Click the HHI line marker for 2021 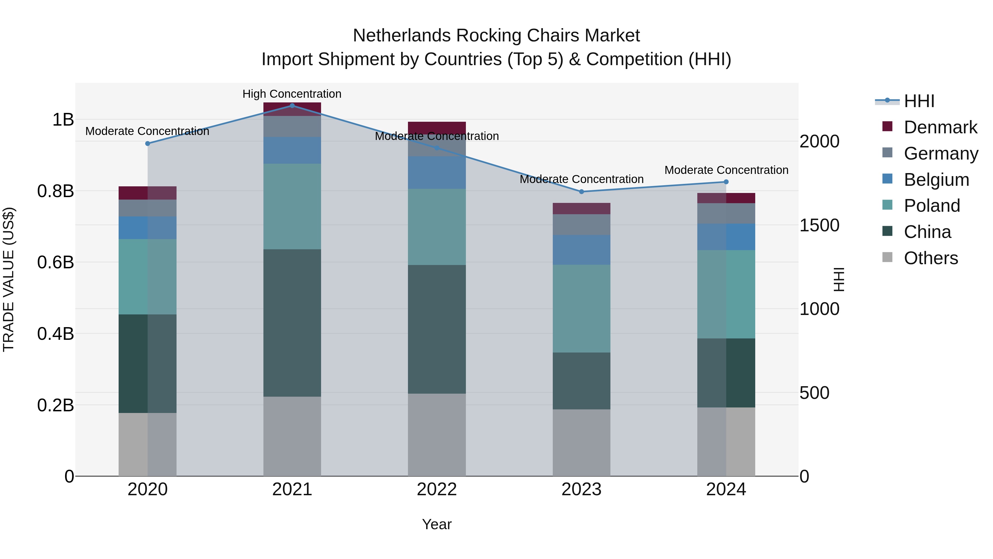point(292,105)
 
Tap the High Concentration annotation point(292,94)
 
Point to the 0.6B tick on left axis point(55,262)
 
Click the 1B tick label point(63,120)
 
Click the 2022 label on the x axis point(437,489)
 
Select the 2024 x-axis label point(726,489)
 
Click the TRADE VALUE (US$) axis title point(9,279)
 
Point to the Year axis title point(437,524)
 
